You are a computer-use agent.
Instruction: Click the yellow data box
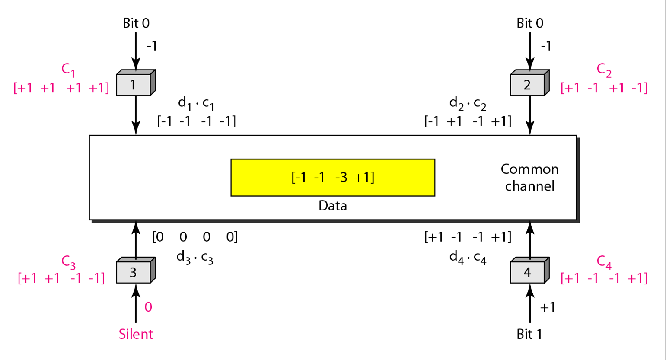pos(333,177)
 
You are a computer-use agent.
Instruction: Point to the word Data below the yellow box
pos(333,206)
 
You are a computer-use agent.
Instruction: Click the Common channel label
pos(529,177)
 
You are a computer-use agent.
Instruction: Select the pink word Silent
pos(136,334)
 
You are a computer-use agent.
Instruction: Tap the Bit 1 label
pos(529,334)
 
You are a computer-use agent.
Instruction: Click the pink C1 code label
pos(68,69)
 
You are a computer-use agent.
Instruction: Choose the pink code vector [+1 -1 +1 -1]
pos(604,88)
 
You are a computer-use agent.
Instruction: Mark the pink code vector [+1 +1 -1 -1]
pos(61,277)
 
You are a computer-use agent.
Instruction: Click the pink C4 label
pos(604,261)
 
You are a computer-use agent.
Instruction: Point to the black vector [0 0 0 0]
pos(195,237)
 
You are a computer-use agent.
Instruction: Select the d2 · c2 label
pos(468,104)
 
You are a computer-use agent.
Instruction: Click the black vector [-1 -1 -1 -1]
pos(197,121)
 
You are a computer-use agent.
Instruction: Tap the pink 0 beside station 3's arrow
pos(148,307)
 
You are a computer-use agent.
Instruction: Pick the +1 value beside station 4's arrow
pos(547,307)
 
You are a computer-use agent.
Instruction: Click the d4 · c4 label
pos(468,257)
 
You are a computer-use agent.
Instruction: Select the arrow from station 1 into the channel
pos(136,115)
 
